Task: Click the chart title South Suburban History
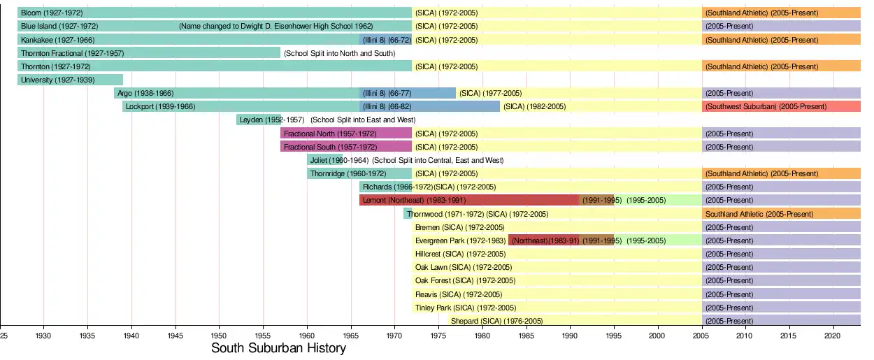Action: point(278,348)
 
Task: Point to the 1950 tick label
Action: point(219,336)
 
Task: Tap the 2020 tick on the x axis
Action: point(832,336)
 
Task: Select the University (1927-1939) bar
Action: point(70,80)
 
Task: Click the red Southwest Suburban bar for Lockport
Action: point(781,107)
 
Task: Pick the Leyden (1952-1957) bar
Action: point(259,120)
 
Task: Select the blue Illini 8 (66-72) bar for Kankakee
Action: point(385,40)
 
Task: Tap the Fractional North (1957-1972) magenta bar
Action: point(345,134)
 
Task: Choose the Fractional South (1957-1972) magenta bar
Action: point(345,147)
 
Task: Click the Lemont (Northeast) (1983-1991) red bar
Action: point(468,200)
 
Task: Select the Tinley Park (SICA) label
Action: point(465,308)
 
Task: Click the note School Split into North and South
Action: point(340,53)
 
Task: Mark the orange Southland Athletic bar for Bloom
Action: point(781,13)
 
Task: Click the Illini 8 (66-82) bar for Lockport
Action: point(429,107)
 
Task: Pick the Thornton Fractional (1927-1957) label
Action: point(72,53)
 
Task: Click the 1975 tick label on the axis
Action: point(438,336)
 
